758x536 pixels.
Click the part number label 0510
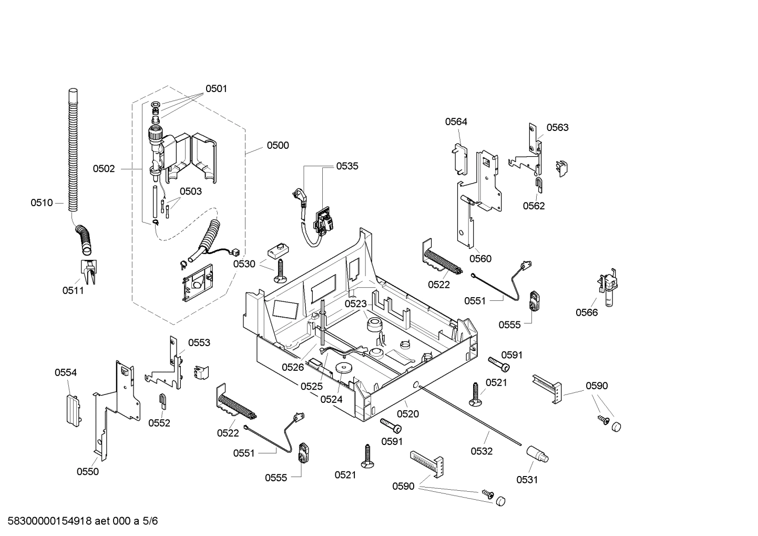click(42, 203)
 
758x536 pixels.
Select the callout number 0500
click(278, 145)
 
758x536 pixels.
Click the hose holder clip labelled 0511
click(88, 269)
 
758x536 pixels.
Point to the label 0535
click(347, 166)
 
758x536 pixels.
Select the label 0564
click(456, 122)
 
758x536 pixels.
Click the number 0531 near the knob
click(527, 479)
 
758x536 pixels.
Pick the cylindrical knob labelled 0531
click(538, 454)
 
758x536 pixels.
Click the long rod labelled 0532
click(473, 415)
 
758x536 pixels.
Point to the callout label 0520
click(408, 414)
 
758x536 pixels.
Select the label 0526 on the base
click(293, 367)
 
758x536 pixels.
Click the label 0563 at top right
click(557, 127)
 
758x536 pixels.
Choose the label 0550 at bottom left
click(88, 472)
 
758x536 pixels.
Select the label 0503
click(190, 191)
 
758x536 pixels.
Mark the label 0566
click(587, 312)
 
